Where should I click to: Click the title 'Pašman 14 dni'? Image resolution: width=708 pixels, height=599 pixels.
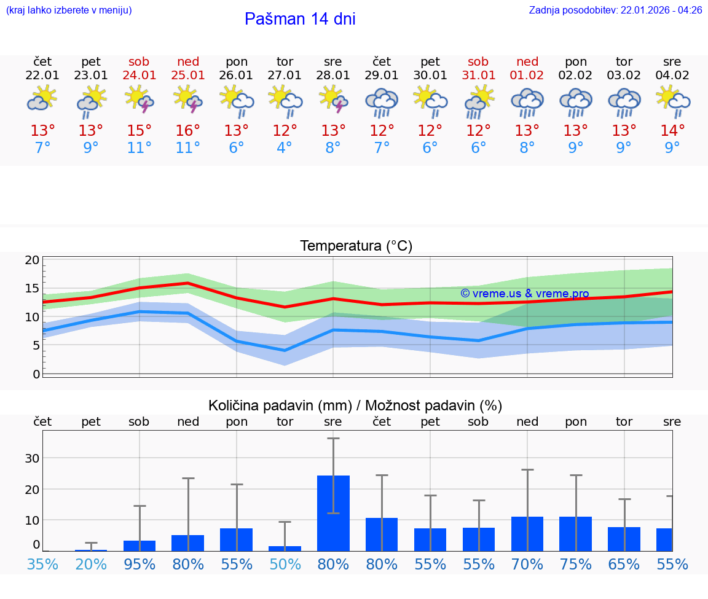coord(300,19)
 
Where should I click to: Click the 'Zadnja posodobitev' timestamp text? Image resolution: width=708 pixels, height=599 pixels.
coord(615,10)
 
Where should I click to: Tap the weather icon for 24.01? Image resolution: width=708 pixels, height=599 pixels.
coord(139,99)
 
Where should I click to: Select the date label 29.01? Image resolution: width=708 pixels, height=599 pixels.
coord(382,76)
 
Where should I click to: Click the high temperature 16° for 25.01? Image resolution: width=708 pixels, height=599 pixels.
coord(188,130)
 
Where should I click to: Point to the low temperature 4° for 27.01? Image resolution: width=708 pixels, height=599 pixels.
coord(285,148)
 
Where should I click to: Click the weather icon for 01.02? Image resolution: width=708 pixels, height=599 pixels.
coord(527,102)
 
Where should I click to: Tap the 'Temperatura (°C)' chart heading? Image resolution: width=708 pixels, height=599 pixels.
coord(356,246)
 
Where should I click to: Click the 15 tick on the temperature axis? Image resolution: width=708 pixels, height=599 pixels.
coord(32,288)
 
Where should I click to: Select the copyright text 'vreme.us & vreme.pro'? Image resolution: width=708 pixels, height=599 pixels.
coord(525,294)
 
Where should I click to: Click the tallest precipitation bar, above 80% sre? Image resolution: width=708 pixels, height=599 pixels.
coord(333,513)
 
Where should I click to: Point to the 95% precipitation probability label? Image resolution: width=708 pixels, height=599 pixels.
coord(140,564)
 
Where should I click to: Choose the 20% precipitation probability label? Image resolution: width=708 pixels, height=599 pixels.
coord(91,564)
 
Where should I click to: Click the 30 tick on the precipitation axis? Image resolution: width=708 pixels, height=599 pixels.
coord(32,458)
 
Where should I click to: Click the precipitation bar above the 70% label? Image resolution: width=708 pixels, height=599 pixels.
coord(527,533)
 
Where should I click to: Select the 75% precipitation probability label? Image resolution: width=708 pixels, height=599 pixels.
coord(576,564)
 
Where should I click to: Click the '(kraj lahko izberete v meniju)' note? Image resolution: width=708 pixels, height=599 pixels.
coord(69,10)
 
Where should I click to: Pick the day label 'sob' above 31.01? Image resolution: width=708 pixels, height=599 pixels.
coord(478,62)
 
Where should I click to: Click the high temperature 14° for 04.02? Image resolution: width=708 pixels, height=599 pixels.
coord(672,130)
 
